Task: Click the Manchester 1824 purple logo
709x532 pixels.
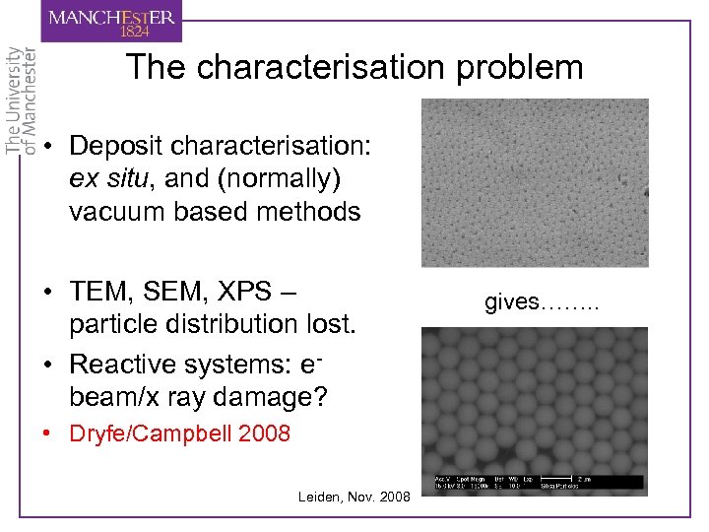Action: (111, 21)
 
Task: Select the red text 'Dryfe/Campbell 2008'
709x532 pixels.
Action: (179, 433)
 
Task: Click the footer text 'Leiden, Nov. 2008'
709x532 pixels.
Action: (354, 497)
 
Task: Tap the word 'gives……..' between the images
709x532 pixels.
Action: (541, 301)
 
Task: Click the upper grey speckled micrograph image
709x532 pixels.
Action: (535, 182)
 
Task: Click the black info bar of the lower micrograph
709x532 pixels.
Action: (535, 483)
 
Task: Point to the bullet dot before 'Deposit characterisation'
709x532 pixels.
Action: (48, 147)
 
